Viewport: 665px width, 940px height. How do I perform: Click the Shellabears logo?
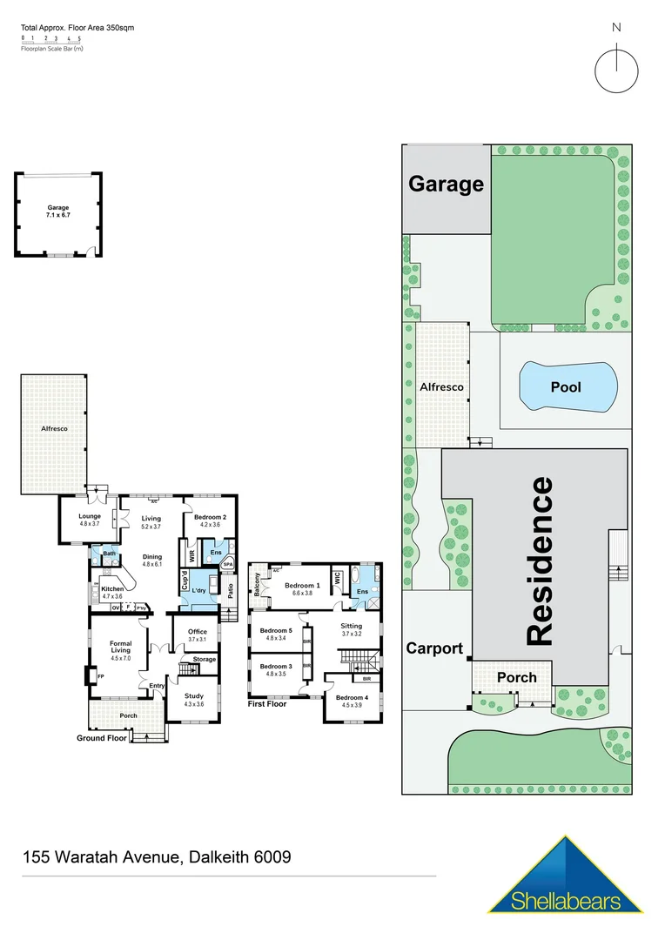tap(566, 876)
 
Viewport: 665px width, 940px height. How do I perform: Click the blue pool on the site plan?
tap(567, 386)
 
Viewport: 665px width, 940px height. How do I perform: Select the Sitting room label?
tap(351, 629)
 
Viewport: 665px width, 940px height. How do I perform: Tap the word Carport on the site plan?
tap(433, 648)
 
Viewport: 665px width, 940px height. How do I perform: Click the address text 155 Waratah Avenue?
tap(156, 857)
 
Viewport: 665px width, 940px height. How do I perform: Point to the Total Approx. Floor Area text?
tap(77, 28)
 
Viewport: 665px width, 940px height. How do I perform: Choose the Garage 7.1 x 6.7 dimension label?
tap(58, 211)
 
